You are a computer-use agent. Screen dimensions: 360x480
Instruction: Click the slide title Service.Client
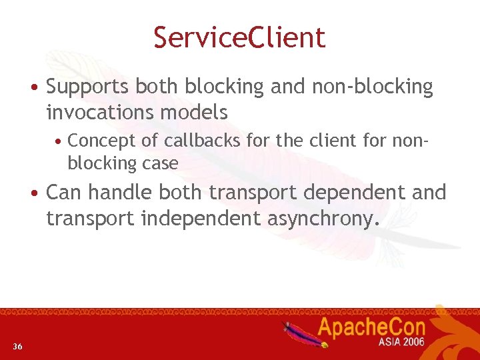click(239, 37)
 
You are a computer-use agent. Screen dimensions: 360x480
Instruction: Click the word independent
click(201, 218)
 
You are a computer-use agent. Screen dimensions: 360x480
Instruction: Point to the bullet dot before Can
click(33, 193)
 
